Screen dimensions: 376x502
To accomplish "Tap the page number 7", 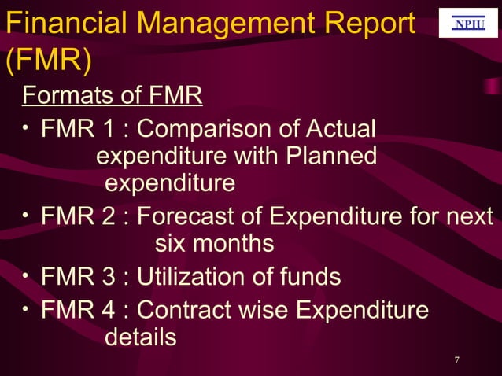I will [457, 360].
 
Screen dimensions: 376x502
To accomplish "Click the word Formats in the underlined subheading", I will [64, 97].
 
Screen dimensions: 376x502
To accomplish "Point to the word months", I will [234, 244].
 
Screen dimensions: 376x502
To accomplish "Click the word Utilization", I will [196, 277].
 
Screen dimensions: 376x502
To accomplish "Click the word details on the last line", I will [140, 338].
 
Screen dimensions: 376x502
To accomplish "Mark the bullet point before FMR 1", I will [27, 126].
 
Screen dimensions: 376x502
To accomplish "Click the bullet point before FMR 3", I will [27, 275].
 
